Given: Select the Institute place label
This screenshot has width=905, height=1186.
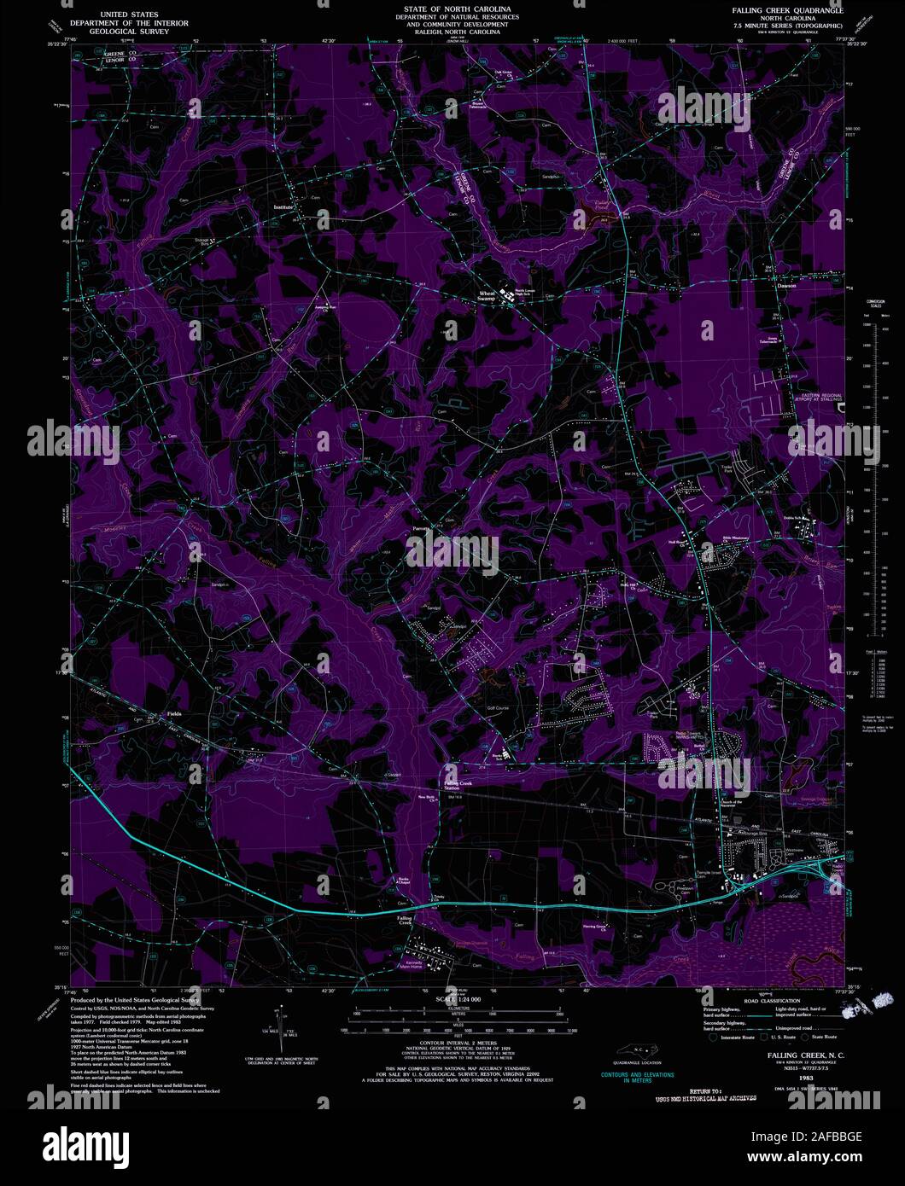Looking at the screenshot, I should (x=283, y=207).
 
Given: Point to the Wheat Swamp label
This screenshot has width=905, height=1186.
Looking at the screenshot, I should (x=486, y=296).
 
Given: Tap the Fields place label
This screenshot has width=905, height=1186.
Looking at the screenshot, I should (x=173, y=713).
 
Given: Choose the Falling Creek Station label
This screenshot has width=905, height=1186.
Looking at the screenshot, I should (x=458, y=785).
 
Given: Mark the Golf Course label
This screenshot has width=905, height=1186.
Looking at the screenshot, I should (x=498, y=707).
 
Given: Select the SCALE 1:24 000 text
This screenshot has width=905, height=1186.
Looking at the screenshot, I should (x=458, y=998).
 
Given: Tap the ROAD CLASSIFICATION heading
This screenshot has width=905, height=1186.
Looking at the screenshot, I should (x=774, y=1000).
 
